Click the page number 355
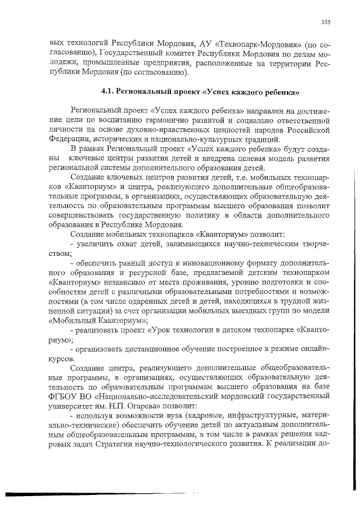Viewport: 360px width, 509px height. [325, 22]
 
